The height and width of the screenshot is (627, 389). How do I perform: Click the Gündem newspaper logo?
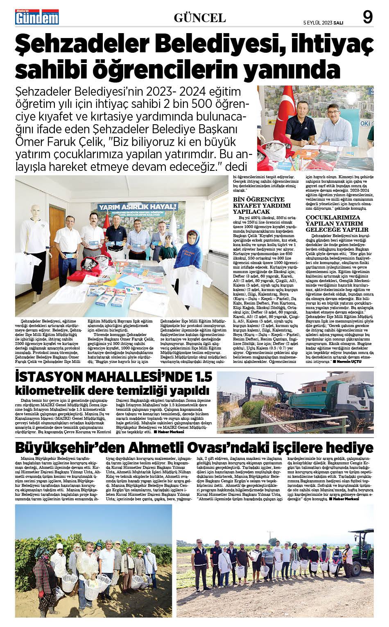pyautogui.click(x=37, y=17)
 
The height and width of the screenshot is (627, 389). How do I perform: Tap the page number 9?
pyautogui.click(x=368, y=18)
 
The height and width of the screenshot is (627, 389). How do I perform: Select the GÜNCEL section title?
pyautogui.click(x=200, y=18)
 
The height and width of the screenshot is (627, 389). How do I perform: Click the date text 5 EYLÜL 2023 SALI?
pyautogui.click(x=323, y=23)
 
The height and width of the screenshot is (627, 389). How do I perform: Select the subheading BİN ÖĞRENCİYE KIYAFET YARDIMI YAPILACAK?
pyautogui.click(x=262, y=205)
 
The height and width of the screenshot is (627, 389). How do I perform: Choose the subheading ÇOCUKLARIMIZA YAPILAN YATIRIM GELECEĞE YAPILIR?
pyautogui.click(x=337, y=223)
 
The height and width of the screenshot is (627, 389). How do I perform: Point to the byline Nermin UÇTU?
pyautogui.click(x=349, y=361)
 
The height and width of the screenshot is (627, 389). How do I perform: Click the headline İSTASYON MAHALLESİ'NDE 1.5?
pyautogui.click(x=113, y=376)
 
